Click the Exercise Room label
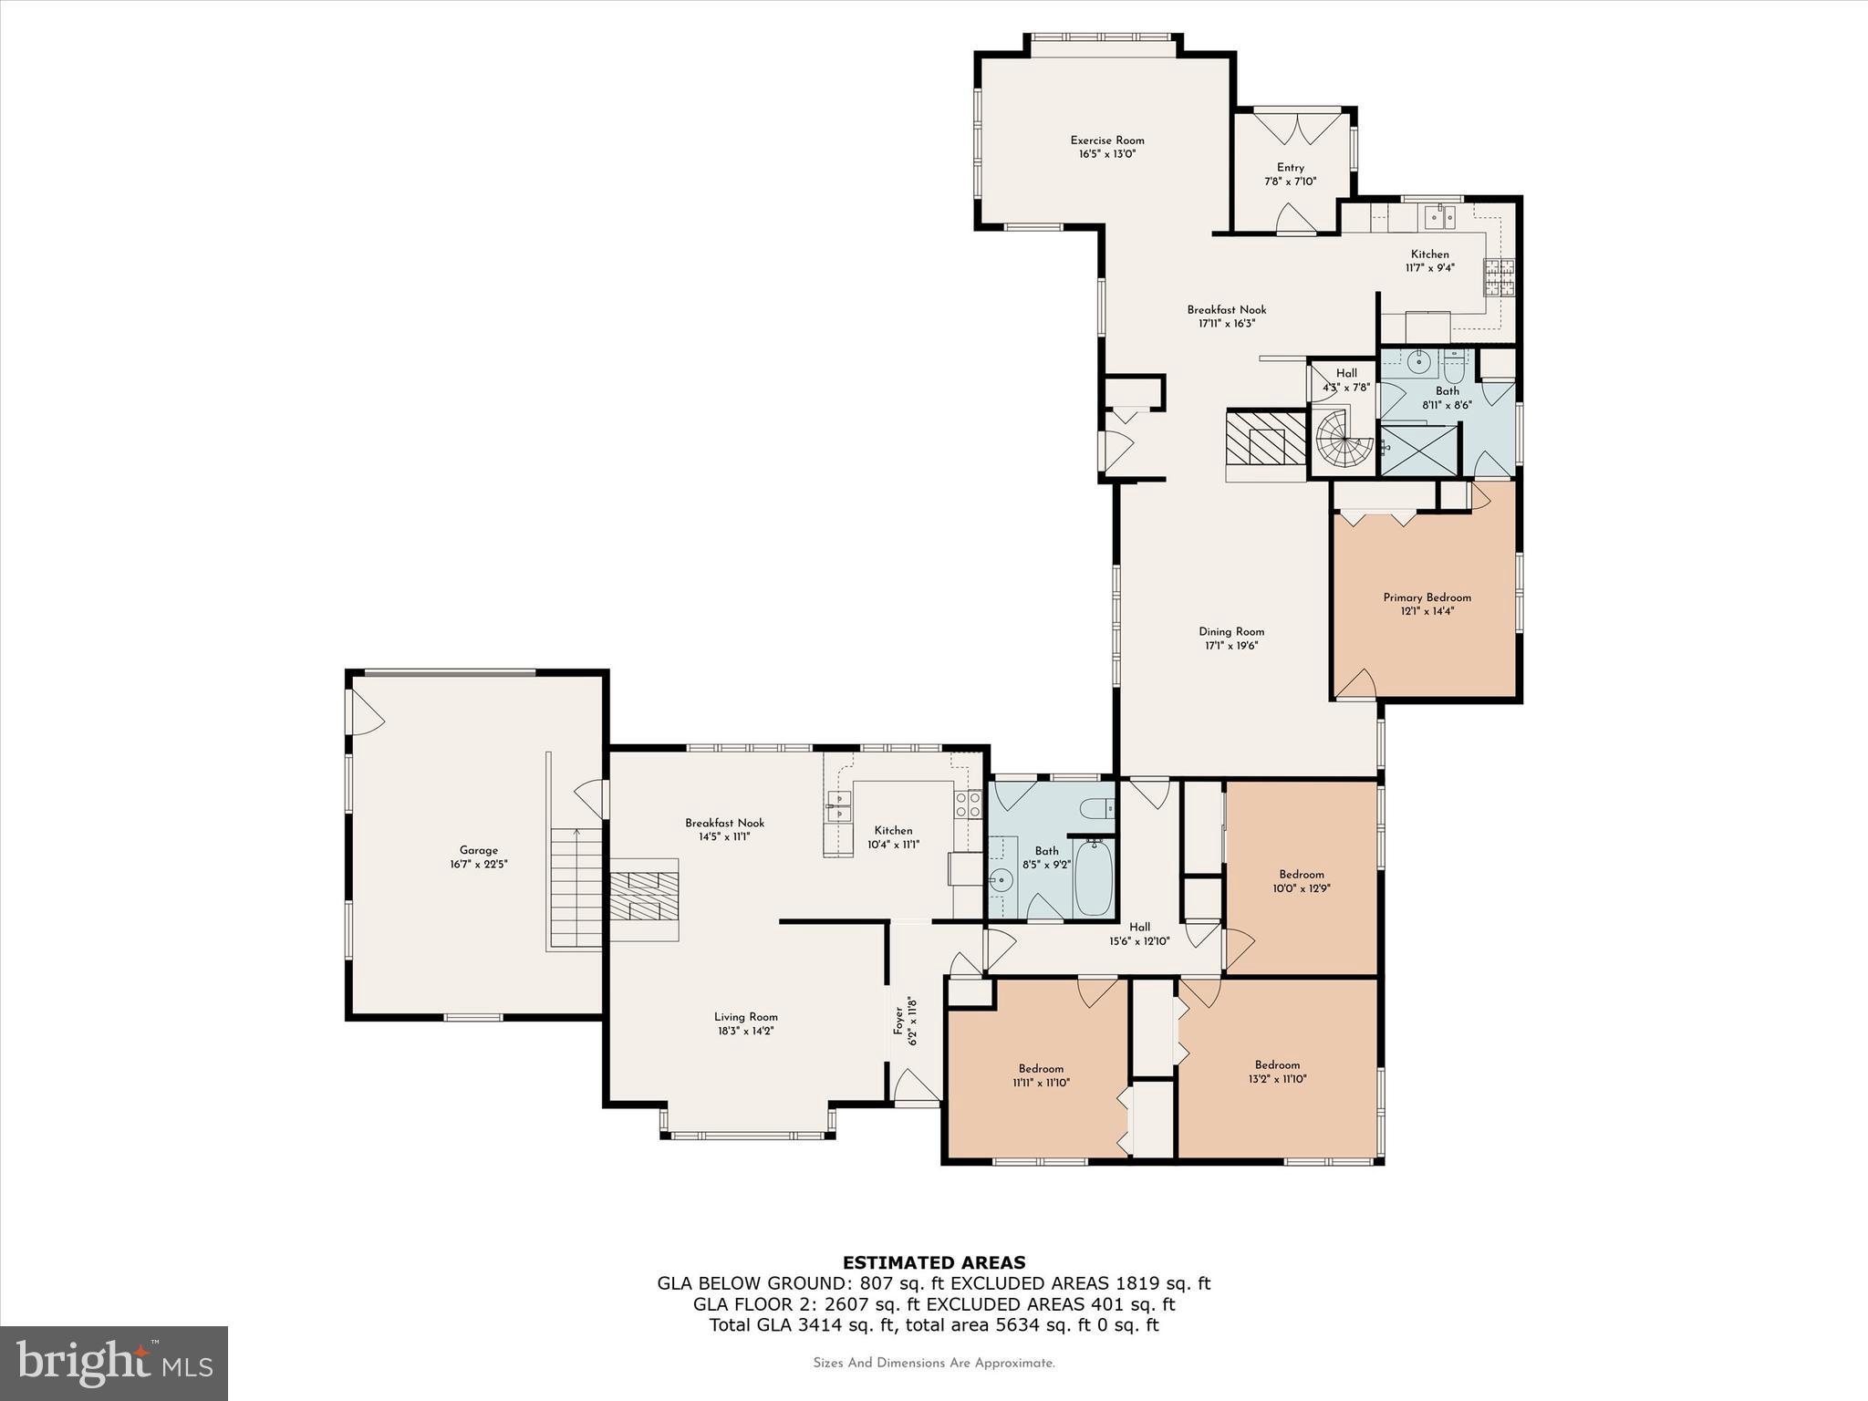(x=1106, y=140)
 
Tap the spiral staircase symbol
(x=1343, y=441)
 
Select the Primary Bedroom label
(x=1427, y=598)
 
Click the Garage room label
(x=478, y=850)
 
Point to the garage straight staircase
(x=576, y=889)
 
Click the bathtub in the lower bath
(x=1093, y=878)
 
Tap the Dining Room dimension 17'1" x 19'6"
(x=1231, y=646)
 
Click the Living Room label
(x=745, y=1017)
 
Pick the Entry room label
(x=1290, y=168)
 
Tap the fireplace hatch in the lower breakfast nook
(x=645, y=897)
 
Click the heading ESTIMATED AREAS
(x=933, y=1262)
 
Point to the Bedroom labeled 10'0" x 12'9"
(x=1301, y=874)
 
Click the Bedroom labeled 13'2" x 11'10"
(x=1277, y=1065)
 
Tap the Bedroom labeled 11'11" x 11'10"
(x=1041, y=1069)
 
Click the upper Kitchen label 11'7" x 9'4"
(x=1429, y=254)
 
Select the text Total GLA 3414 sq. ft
(x=803, y=1325)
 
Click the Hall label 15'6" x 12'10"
(x=1139, y=927)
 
